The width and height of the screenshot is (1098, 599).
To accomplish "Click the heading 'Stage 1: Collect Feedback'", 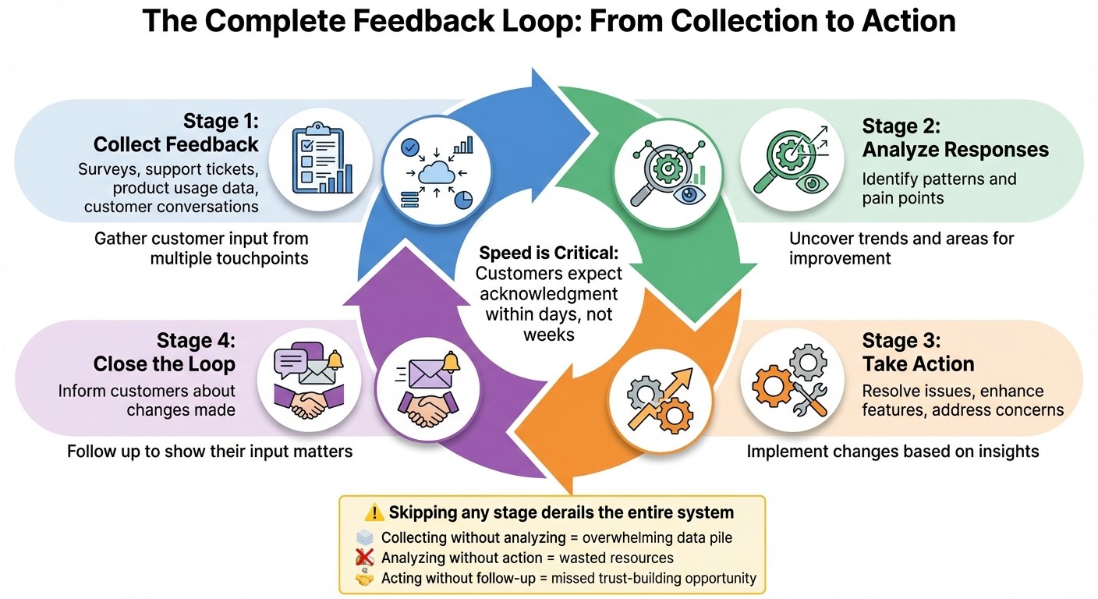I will tap(176, 133).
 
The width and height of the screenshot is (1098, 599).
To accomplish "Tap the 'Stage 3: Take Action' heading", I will tap(918, 353).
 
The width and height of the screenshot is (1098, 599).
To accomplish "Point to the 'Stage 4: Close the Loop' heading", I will tap(164, 353).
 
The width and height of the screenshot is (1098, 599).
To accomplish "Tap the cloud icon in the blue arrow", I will tap(435, 172).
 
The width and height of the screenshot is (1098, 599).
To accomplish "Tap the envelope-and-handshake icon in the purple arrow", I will tap(427, 391).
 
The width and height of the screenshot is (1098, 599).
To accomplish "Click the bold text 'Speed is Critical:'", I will tap(549, 253).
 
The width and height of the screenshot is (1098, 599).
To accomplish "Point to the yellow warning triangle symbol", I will tap(375, 512).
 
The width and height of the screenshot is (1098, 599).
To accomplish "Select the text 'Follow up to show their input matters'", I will tap(210, 451).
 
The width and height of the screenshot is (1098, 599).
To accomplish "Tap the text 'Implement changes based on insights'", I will tap(893, 451).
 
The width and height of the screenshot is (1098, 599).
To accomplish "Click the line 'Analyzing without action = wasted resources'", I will tap(527, 558).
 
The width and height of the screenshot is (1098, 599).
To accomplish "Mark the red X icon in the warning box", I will tap(364, 558).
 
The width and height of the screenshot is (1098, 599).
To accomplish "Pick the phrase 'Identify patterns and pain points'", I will tap(939, 188).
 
